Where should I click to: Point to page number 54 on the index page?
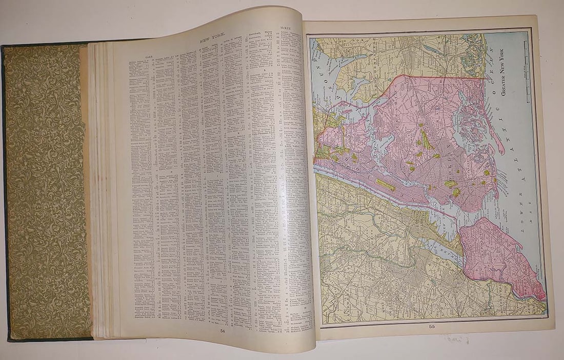click(x=221, y=331)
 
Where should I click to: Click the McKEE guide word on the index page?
click(x=286, y=25)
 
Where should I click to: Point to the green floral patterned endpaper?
click(x=46, y=190)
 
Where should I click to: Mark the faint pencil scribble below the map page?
click(x=458, y=339)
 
